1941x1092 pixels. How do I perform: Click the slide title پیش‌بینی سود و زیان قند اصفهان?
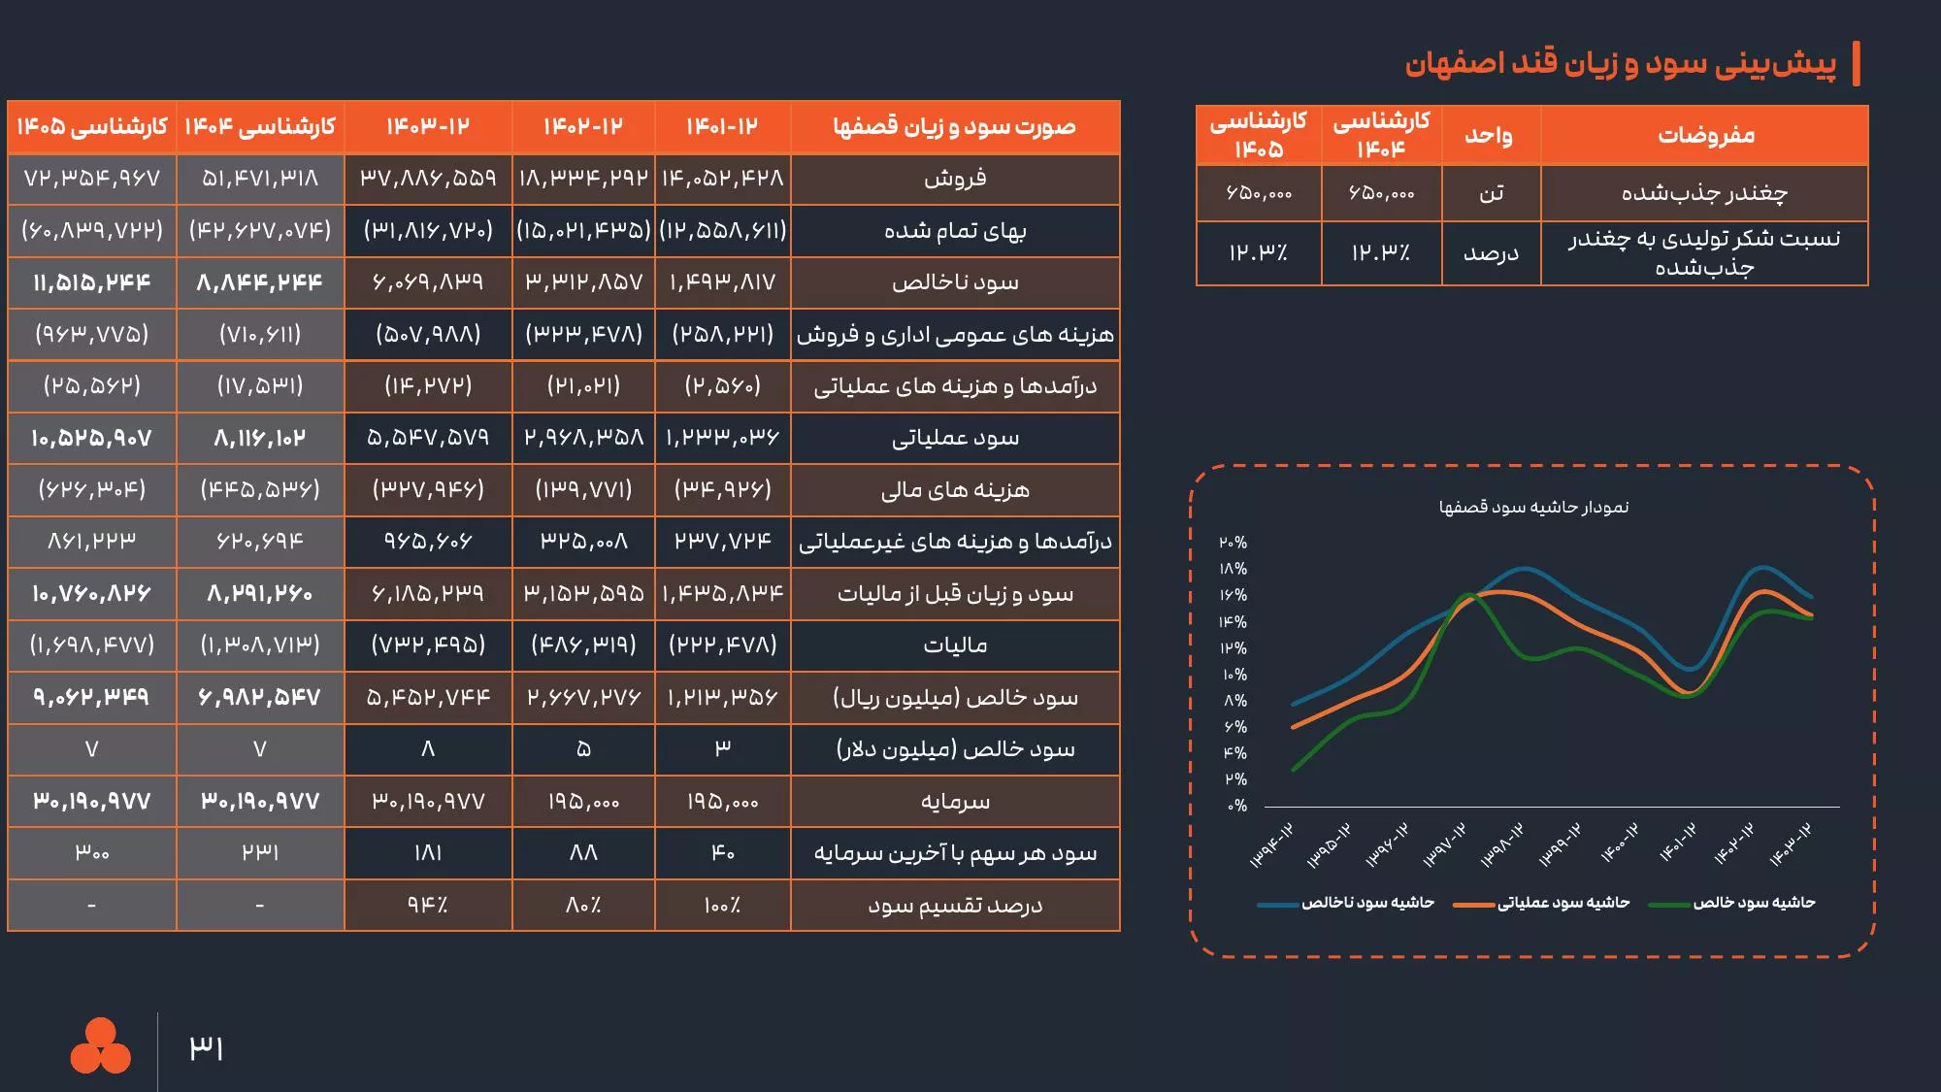click(x=1620, y=63)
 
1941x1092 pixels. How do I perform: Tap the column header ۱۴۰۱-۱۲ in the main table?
click(x=722, y=127)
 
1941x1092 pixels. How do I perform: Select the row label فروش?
click(x=955, y=179)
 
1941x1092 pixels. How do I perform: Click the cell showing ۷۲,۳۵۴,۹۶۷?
click(x=92, y=179)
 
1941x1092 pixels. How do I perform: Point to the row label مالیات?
click(x=955, y=645)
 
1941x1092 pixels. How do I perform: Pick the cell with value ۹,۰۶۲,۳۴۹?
click(x=92, y=697)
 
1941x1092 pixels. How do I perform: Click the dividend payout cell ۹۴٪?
click(x=428, y=905)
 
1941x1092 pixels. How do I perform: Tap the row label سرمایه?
click(x=955, y=802)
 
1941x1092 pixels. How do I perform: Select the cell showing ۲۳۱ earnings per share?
click(x=260, y=853)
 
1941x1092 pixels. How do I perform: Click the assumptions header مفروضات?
click(x=1705, y=135)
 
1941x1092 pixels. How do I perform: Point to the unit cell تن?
click(x=1491, y=193)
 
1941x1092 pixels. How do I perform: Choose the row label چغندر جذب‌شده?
click(x=1704, y=193)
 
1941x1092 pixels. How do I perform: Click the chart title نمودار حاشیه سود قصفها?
click(x=1533, y=507)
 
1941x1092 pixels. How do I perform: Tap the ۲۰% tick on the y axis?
click(x=1234, y=543)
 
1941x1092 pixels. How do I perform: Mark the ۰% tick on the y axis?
click(x=1236, y=806)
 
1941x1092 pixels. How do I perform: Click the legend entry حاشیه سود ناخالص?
click(x=1367, y=903)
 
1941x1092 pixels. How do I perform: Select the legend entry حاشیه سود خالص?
click(x=1754, y=903)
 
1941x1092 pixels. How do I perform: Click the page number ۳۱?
click(x=206, y=1048)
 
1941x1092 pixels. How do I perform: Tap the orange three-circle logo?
click(x=100, y=1046)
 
